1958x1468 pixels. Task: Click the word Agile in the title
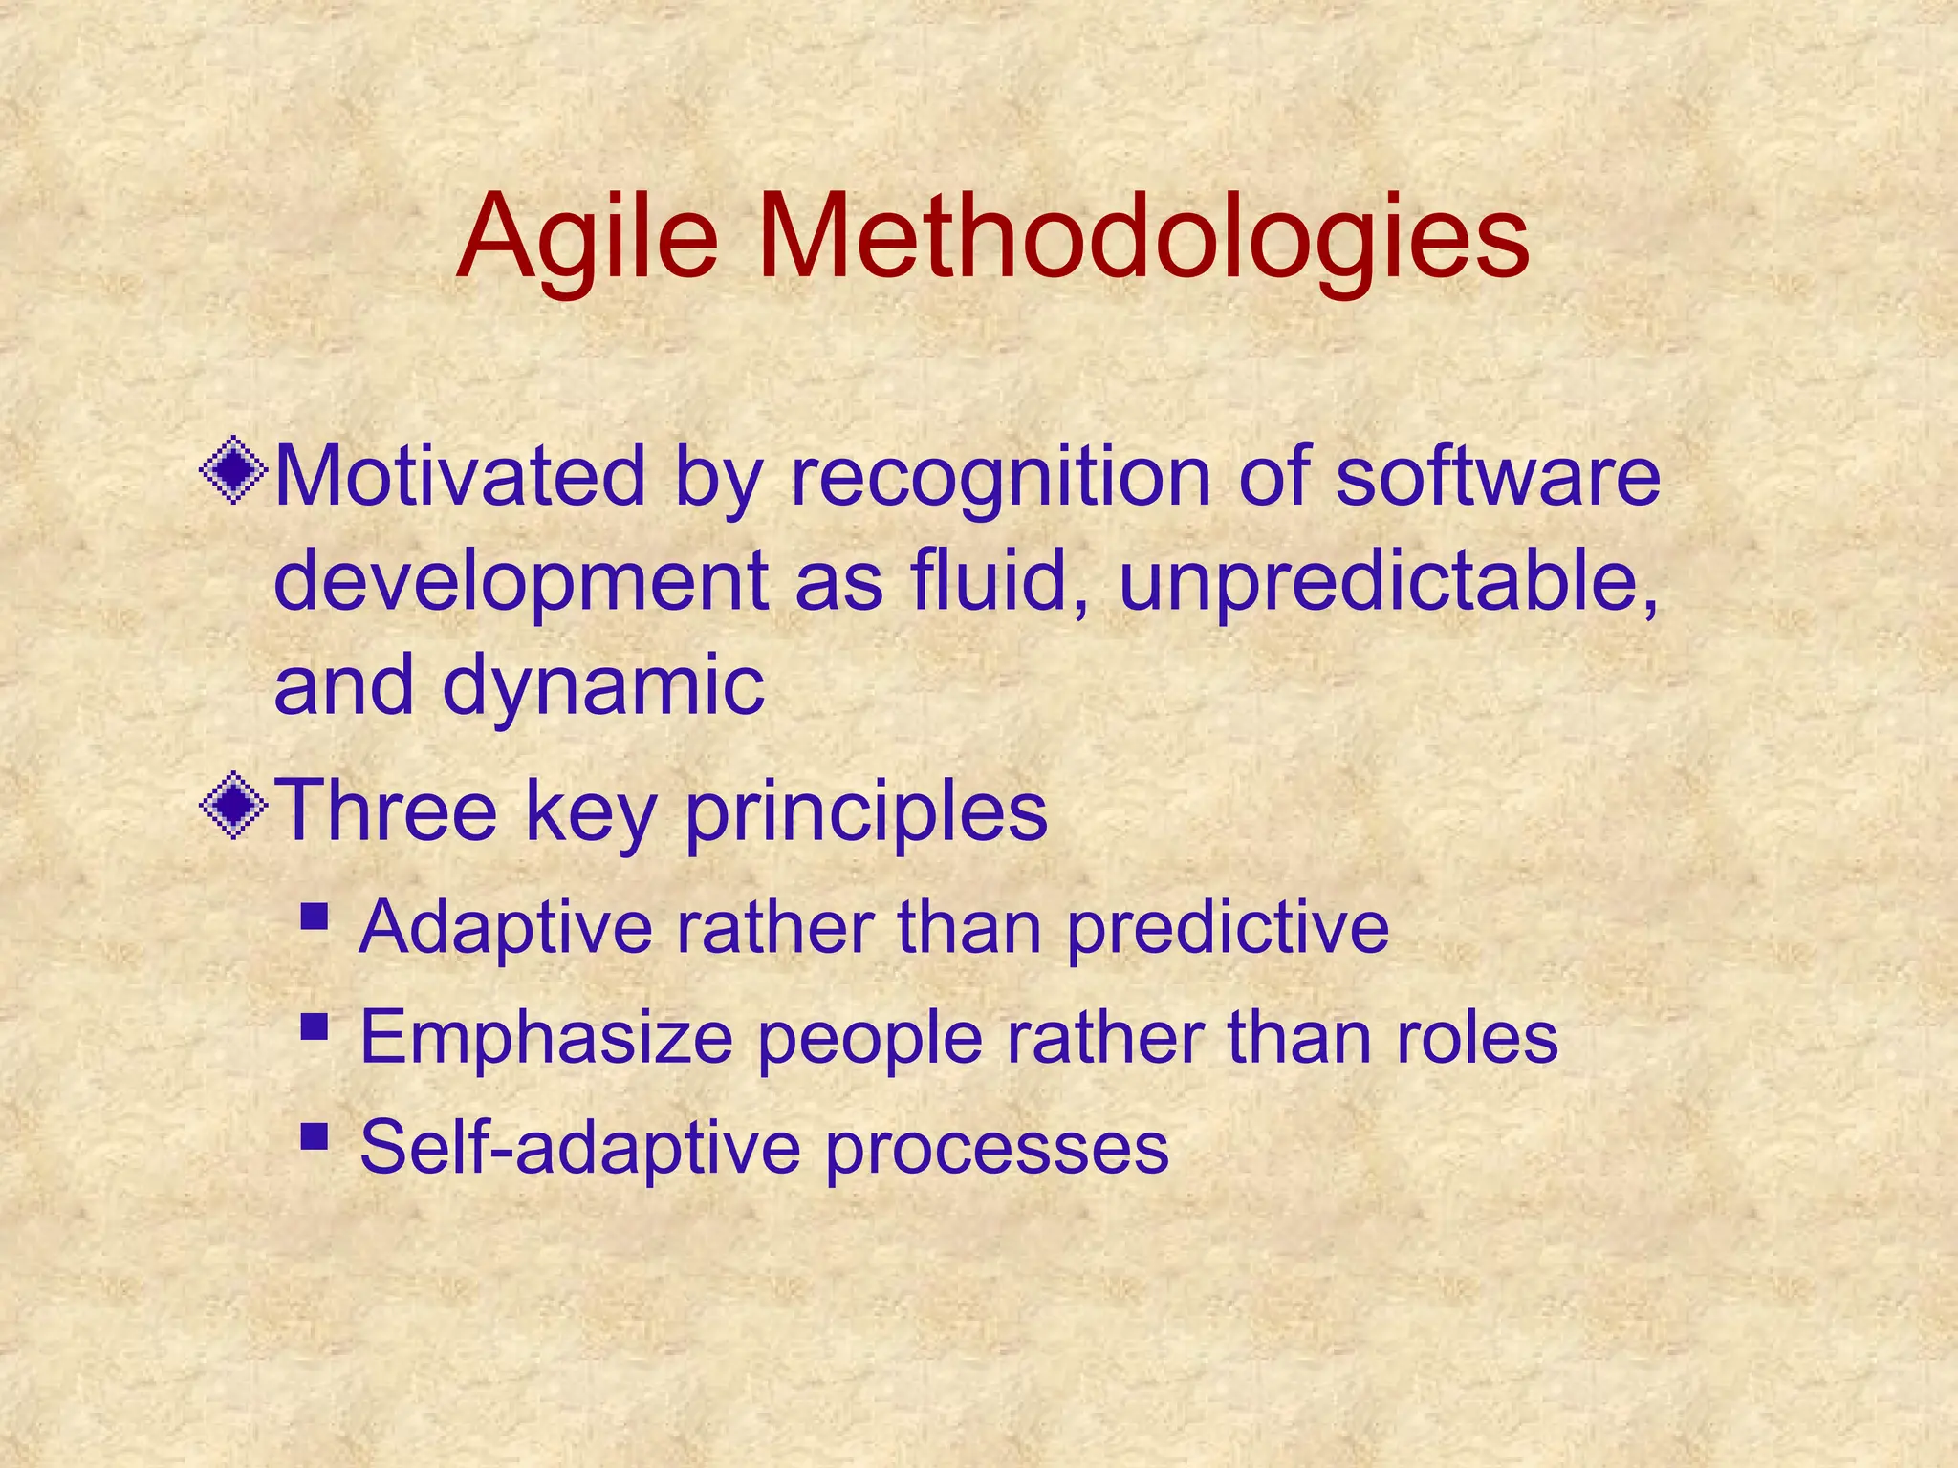point(587,239)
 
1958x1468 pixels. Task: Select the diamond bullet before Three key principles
point(233,807)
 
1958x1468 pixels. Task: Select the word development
point(521,583)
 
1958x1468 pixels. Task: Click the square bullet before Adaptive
point(314,917)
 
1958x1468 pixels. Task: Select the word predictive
point(1228,929)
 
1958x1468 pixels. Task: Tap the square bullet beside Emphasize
point(314,1027)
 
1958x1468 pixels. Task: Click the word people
point(870,1040)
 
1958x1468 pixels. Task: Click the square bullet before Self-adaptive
point(314,1137)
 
